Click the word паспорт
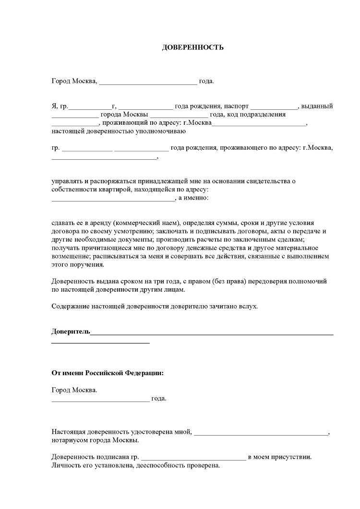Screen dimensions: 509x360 (x=235, y=107)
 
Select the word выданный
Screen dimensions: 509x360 (x=317, y=107)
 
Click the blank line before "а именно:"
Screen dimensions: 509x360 (x=114, y=199)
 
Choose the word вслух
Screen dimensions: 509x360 (x=249, y=306)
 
